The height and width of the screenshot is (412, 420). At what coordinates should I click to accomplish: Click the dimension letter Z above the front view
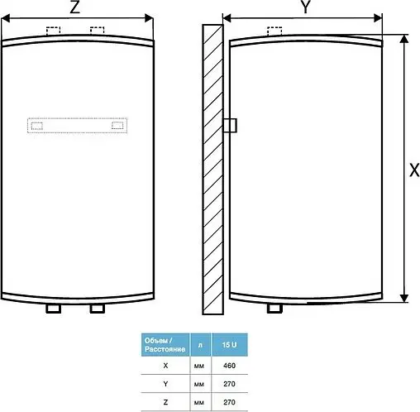tap(75, 8)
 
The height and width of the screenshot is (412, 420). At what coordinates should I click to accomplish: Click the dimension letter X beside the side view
tap(414, 169)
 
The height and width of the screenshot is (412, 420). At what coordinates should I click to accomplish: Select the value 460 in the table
tap(229, 365)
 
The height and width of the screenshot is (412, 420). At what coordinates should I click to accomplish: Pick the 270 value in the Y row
tap(229, 383)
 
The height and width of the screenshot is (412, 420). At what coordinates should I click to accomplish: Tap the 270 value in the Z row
tap(229, 401)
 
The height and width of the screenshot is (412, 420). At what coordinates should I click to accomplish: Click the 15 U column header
tap(229, 343)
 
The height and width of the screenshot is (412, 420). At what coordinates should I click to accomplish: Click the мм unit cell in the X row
tap(199, 365)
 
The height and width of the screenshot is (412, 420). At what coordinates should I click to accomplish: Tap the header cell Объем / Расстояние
tap(166, 343)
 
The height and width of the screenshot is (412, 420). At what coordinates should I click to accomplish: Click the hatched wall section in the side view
tap(212, 165)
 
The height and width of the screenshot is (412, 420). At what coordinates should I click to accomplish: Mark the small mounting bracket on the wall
tap(230, 124)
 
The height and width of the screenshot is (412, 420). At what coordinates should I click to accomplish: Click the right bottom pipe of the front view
tap(98, 309)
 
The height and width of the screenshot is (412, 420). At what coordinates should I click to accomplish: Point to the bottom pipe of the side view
tap(274, 309)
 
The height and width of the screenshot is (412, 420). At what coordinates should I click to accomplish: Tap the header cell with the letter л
tap(199, 343)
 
